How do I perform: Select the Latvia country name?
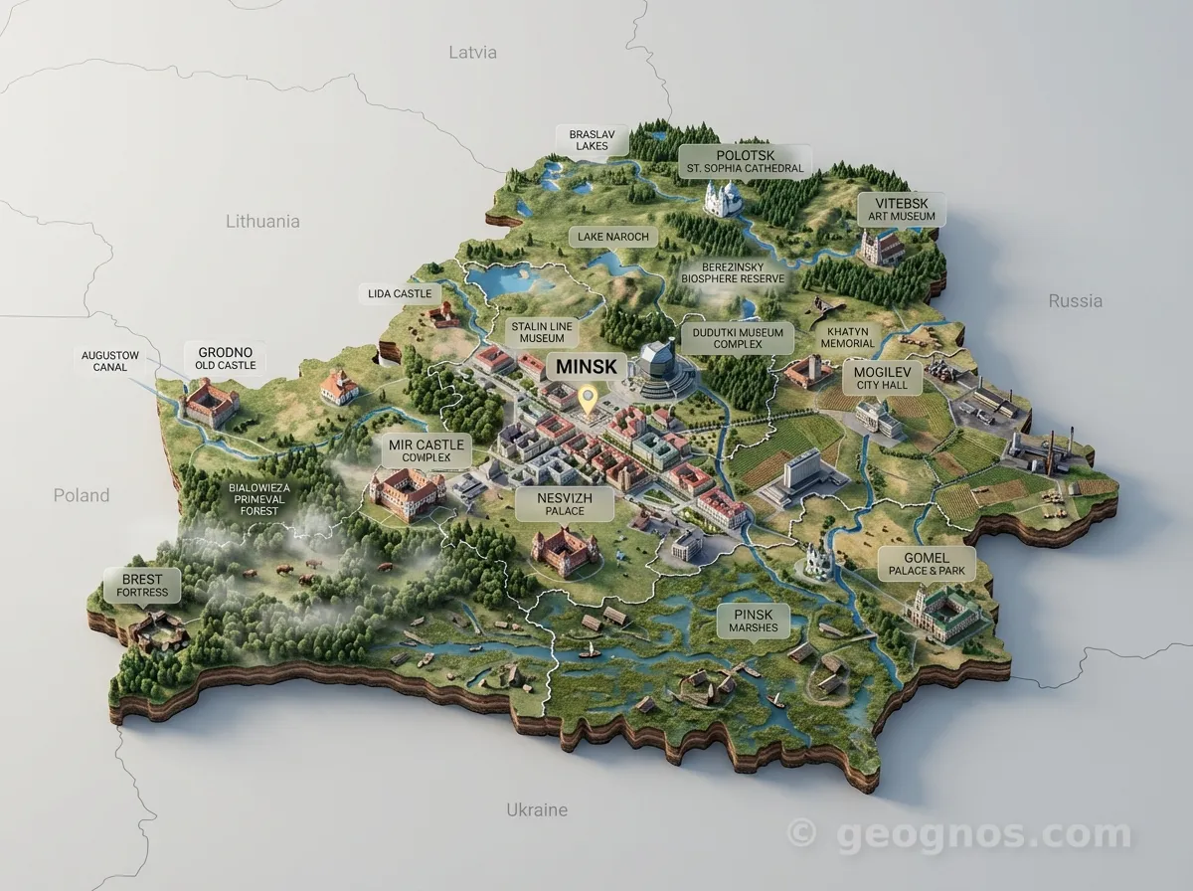click(x=472, y=52)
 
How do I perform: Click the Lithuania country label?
click(x=262, y=221)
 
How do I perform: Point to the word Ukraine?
click(x=537, y=809)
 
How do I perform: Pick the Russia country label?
click(x=1075, y=300)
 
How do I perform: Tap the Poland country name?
click(x=82, y=495)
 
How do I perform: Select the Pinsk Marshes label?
click(x=752, y=622)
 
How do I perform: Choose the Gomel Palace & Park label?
click(x=927, y=565)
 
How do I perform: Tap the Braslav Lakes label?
click(x=592, y=139)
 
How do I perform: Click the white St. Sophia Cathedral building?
click(x=724, y=197)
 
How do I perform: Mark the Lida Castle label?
click(x=399, y=293)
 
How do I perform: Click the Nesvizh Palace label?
click(x=565, y=504)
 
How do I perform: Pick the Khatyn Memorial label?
click(x=847, y=337)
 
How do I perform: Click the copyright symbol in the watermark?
click(x=801, y=833)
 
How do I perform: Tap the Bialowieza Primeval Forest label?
click(x=259, y=499)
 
